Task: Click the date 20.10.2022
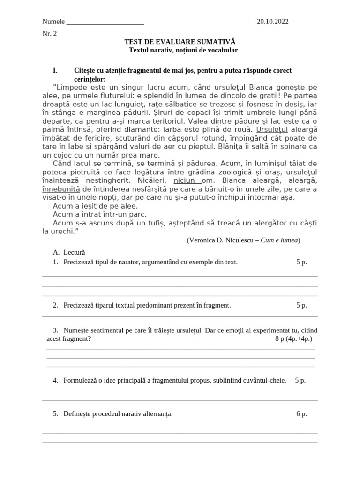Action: pyautogui.click(x=272, y=22)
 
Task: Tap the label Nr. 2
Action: pyautogui.click(x=49, y=34)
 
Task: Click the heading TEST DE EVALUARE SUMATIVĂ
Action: pyautogui.click(x=180, y=42)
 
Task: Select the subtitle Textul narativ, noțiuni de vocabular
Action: pyautogui.click(x=183, y=50)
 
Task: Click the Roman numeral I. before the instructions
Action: pyautogui.click(x=55, y=70)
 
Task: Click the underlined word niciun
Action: pyautogui.click(x=184, y=180)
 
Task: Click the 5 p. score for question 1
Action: pyautogui.click(x=301, y=262)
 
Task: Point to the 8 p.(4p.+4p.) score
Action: pyautogui.click(x=293, y=338)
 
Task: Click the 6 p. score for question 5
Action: pyautogui.click(x=301, y=413)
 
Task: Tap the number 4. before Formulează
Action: pyautogui.click(x=55, y=380)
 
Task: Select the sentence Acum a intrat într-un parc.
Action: pyautogui.click(x=96, y=214)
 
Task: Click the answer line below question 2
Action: pyautogui.click(x=180, y=316)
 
